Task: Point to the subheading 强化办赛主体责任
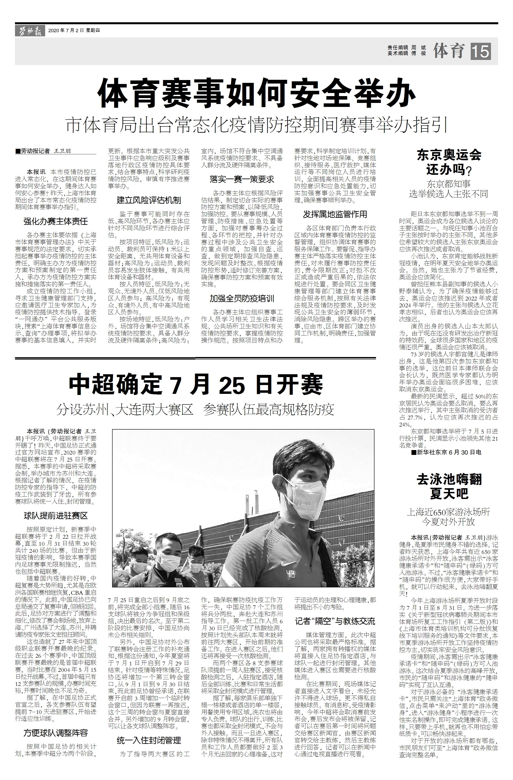[56, 221]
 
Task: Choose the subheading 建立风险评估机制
[149, 200]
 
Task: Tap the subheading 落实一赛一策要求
[242, 179]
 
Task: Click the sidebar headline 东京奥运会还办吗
[449, 162]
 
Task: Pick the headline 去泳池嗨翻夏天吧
[449, 486]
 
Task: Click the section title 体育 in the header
[449, 51]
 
